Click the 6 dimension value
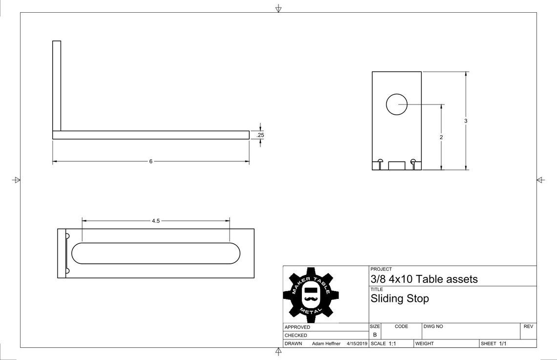pos(150,161)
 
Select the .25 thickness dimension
pos(260,135)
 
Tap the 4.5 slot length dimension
pos(155,221)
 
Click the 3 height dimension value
pos(466,121)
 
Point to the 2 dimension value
pos(441,138)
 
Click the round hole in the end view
pos(397,104)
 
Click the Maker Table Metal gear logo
pos(311,294)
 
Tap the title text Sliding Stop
pos(400,298)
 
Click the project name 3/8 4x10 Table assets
pos(424,279)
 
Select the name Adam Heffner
pos(326,344)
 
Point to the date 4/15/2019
pos(357,344)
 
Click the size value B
pos(375,335)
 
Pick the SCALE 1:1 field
pos(384,344)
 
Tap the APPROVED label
pos(297,327)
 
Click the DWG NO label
pos(433,326)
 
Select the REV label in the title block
pos(528,326)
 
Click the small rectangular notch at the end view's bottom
pos(397,166)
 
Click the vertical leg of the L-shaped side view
pos(57,85)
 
